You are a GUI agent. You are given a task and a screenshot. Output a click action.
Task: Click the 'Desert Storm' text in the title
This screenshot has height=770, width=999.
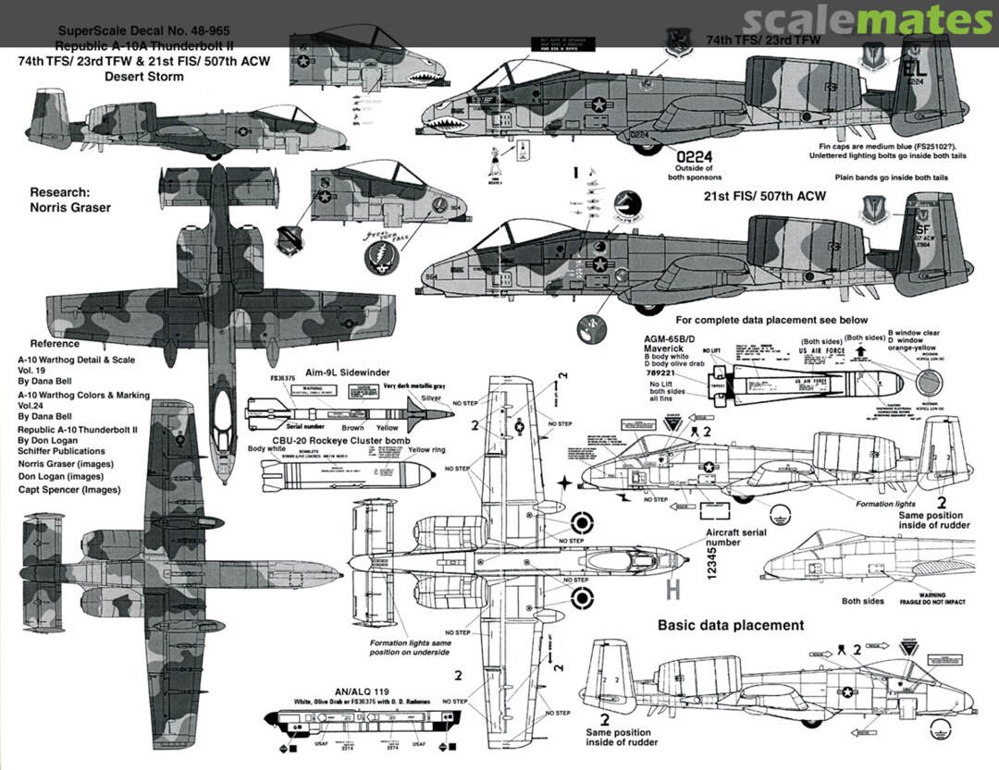144,77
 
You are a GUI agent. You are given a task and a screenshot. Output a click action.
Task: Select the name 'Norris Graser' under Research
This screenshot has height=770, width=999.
70,208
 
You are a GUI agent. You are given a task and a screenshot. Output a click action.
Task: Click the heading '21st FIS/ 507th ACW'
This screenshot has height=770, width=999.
765,197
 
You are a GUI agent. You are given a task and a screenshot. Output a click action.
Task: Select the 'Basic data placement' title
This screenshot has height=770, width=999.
731,625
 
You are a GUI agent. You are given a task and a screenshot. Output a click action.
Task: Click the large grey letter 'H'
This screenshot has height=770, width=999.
673,589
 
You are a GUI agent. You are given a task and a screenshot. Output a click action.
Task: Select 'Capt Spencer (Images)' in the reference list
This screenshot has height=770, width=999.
68,490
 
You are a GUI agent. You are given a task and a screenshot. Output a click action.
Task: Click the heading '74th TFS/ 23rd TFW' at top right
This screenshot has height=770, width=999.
764,41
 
